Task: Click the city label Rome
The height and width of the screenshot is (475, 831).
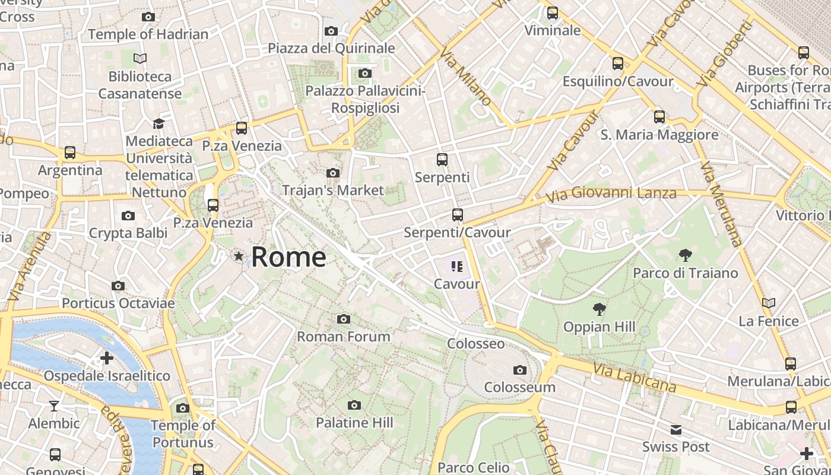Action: (288, 257)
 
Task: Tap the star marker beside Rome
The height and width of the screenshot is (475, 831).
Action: (239, 256)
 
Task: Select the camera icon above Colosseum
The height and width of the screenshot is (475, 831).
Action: (520, 370)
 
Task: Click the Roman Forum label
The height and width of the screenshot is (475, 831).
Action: (343, 337)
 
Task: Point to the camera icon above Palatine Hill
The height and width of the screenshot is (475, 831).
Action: (354, 406)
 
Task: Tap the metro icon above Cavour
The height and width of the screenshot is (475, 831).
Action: (456, 267)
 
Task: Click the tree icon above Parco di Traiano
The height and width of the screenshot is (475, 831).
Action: (685, 256)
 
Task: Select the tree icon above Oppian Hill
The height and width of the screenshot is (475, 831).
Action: (600, 309)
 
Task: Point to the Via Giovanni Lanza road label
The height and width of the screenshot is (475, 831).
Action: (611, 194)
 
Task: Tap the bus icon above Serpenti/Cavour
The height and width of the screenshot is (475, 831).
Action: (457, 215)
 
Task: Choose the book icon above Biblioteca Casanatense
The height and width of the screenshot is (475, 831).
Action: (140, 59)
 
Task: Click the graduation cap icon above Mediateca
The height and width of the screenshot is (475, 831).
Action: (158, 123)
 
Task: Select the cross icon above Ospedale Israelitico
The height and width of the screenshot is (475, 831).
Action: (107, 358)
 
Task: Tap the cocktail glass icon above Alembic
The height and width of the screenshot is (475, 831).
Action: (54, 406)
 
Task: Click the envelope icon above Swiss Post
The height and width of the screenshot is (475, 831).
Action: (675, 430)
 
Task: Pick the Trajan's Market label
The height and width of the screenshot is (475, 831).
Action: (333, 191)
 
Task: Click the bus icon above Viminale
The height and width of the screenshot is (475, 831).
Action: (553, 13)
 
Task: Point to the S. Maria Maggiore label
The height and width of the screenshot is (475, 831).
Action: (659, 135)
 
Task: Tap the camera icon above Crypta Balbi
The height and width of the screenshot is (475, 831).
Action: (128, 216)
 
